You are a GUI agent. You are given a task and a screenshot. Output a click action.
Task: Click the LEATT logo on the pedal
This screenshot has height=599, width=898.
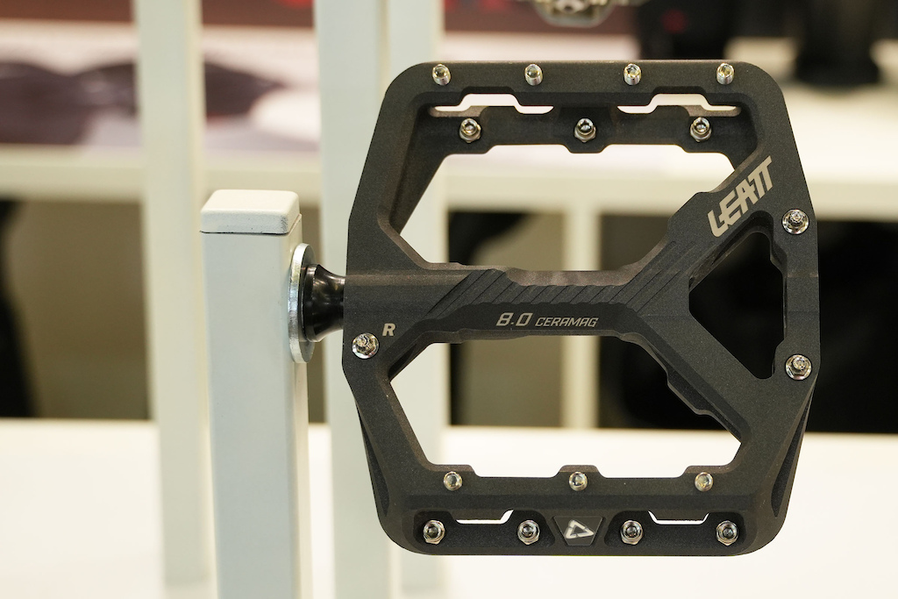click(x=740, y=196)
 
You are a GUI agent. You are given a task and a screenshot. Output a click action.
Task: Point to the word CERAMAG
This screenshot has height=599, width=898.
click(x=567, y=321)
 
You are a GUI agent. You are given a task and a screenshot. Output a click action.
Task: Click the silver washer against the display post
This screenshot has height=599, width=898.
click(x=299, y=303)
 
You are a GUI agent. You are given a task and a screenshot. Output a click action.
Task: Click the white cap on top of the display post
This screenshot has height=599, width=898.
click(x=250, y=212)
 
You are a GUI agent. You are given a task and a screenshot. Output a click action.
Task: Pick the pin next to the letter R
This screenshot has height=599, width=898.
click(x=366, y=345)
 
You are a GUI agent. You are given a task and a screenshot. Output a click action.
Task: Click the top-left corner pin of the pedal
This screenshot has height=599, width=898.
click(x=441, y=74)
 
